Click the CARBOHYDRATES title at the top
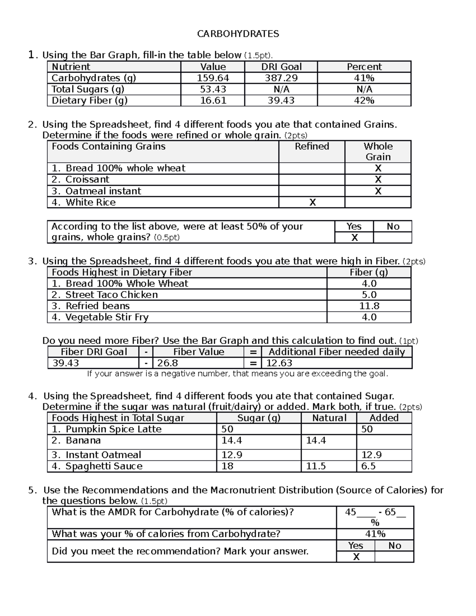point(238,34)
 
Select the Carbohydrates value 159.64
point(213,78)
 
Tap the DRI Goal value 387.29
point(281,78)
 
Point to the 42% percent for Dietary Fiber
point(364,101)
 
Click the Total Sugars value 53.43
point(213,89)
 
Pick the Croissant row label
point(87,179)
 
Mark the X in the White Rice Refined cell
point(312,203)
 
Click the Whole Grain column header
point(378,152)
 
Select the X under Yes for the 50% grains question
point(354,238)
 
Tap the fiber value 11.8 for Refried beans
point(369,306)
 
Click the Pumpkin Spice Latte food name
point(113,429)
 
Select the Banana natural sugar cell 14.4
point(316,440)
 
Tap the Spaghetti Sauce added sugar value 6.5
point(368,466)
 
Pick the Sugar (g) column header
point(259,418)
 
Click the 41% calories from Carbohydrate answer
point(375,534)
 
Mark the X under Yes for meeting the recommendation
point(356,557)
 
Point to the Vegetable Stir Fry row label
point(107,317)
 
